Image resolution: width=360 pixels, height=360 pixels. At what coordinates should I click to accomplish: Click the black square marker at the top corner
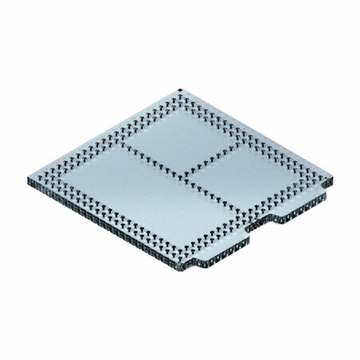[x=180, y=91]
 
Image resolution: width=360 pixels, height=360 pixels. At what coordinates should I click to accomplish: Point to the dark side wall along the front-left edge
[x=102, y=225]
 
